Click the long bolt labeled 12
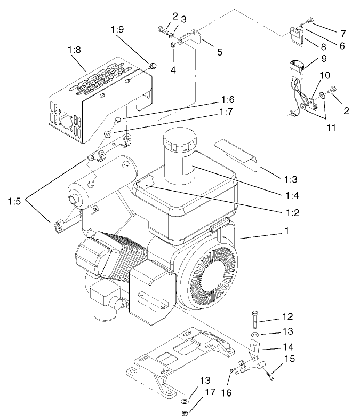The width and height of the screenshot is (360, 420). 254,321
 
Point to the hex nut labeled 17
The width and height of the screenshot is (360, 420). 183,413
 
